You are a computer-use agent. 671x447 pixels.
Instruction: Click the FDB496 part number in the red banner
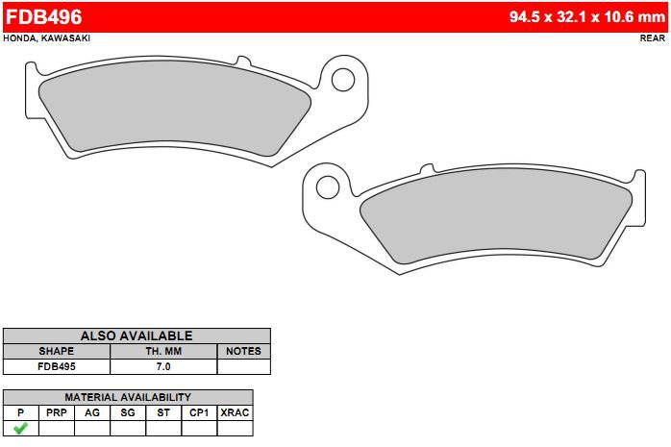click(43, 16)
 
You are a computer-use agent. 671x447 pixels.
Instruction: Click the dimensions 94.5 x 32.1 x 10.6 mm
click(587, 16)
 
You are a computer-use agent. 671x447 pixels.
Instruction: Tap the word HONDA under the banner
click(19, 38)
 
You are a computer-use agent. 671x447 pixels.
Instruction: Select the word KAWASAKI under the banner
click(65, 38)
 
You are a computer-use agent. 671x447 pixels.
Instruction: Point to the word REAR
click(653, 38)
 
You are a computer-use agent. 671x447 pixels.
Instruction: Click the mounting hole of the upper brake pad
click(343, 80)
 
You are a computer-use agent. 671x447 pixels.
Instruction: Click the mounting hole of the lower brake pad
click(328, 187)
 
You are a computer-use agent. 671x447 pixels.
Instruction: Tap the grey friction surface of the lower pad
click(496, 214)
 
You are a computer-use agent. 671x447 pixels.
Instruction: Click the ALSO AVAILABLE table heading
click(137, 335)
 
